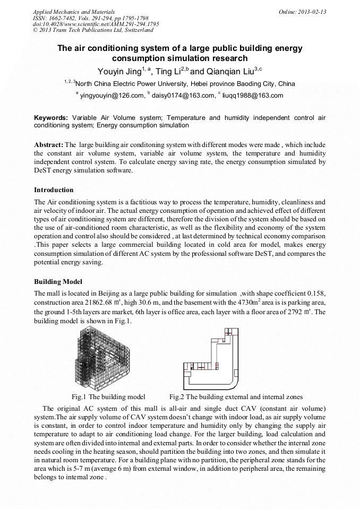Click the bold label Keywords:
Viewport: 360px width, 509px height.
coord(51,117)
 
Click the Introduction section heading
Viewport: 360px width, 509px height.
coord(54,190)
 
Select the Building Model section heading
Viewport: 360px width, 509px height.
coord(58,281)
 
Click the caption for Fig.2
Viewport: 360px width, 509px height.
coord(236,396)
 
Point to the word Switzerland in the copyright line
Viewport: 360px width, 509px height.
coord(136,30)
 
